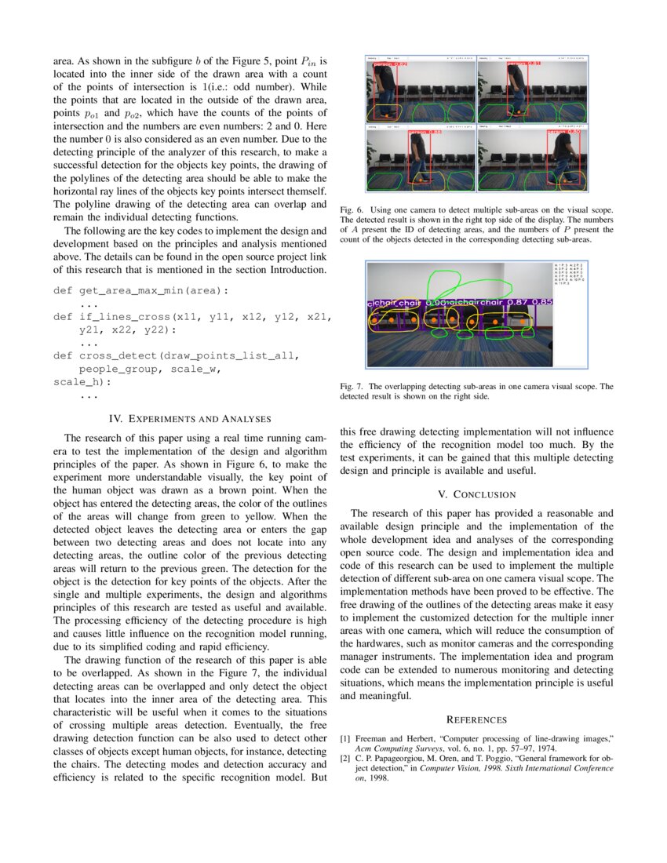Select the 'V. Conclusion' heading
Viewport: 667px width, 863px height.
click(x=476, y=494)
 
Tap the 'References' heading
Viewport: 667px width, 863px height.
click(x=476, y=719)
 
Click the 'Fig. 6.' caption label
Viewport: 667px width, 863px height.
click(x=352, y=210)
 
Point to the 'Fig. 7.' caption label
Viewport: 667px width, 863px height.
click(x=352, y=386)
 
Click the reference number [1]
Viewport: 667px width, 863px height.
click(x=345, y=739)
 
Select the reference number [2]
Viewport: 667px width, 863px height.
click(x=345, y=759)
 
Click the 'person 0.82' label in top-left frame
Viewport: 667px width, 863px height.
click(x=390, y=64)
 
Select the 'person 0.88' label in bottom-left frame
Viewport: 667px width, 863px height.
click(x=425, y=133)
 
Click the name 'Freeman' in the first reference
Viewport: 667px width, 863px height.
click(x=372, y=739)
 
